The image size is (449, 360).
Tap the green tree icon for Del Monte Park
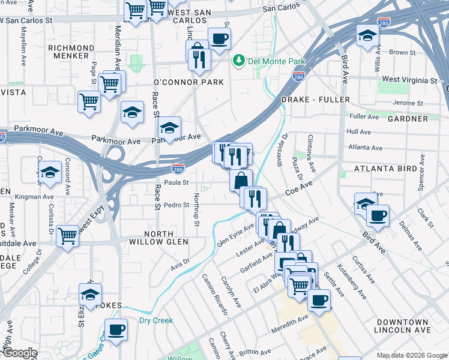tap(239, 61)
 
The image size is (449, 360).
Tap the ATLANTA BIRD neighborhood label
tap(385, 169)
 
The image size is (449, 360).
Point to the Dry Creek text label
tap(156, 320)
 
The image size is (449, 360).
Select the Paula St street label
tap(177, 182)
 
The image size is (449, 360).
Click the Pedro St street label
tap(177, 205)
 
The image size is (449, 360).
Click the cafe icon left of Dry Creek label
tap(116, 329)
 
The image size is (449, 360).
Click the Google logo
tap(20, 353)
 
